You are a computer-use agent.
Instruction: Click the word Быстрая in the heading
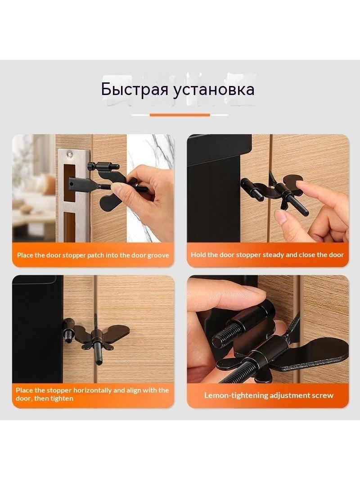(135, 90)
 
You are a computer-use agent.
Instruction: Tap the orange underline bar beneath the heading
(180, 115)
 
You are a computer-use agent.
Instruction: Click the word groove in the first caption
(158, 255)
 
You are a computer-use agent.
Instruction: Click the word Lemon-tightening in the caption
(232, 395)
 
